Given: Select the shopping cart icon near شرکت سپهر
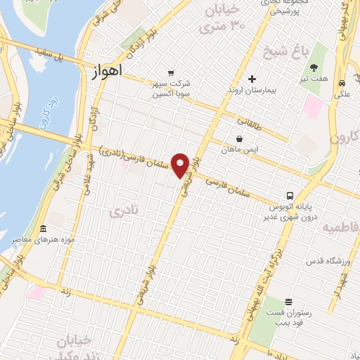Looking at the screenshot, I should [x=170, y=72].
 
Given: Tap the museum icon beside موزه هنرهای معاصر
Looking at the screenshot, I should [x=43, y=230].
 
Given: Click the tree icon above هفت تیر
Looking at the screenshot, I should [x=314, y=67].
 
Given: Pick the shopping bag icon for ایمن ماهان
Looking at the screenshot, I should [x=240, y=139].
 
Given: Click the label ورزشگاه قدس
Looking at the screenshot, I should [x=328, y=262].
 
